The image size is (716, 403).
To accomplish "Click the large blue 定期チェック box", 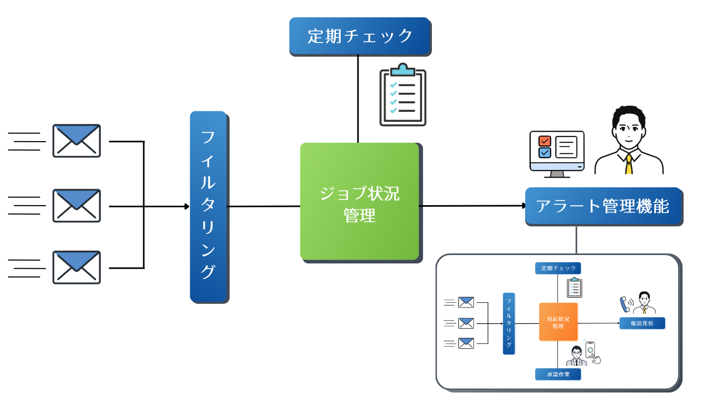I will (x=360, y=36).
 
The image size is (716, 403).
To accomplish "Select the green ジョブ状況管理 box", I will (x=360, y=201).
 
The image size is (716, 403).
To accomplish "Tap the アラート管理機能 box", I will (x=603, y=206).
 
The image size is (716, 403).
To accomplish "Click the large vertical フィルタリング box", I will (x=208, y=206).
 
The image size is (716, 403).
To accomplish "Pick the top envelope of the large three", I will (x=77, y=141).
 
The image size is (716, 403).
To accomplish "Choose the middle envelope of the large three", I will (x=77, y=206).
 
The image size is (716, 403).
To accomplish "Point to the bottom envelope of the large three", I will (x=77, y=268).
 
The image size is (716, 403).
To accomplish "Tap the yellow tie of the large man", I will (x=628, y=163).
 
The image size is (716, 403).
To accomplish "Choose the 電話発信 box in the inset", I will (x=642, y=323).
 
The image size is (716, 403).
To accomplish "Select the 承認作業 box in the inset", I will (x=558, y=374).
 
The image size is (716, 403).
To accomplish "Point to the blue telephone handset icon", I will (x=625, y=304).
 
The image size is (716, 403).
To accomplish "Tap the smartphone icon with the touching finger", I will (x=592, y=352).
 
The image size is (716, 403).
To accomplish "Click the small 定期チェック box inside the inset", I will (x=558, y=268).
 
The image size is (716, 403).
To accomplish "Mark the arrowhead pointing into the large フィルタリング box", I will (x=187, y=206).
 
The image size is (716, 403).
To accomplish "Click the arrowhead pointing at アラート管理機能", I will (x=523, y=206).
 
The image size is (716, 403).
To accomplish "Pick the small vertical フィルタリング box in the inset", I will (x=508, y=323).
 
